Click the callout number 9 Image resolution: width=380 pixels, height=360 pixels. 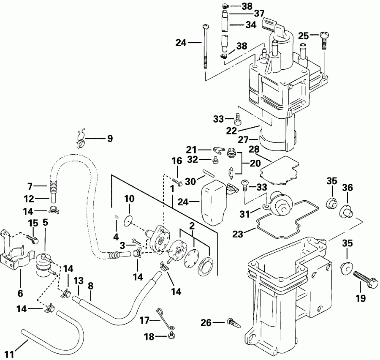(x=110, y=138)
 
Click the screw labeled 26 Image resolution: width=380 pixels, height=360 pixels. (x=233, y=323)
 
